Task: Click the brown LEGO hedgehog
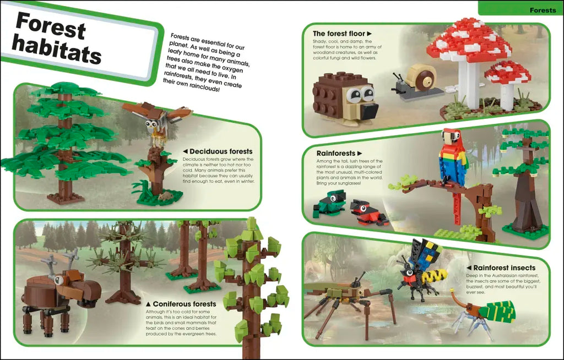pos(345,99)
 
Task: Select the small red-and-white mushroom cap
pos(507,72)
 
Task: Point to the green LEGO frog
pos(330,204)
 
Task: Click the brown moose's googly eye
pos(58,280)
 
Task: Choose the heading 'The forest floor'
pos(342,34)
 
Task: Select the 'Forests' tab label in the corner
pos(543,10)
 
